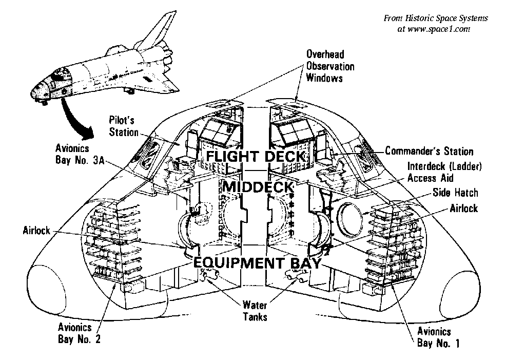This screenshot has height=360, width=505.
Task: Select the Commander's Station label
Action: click(x=429, y=151)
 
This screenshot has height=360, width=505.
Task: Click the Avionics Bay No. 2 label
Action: click(x=75, y=332)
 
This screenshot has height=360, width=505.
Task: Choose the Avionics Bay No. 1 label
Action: click(x=435, y=337)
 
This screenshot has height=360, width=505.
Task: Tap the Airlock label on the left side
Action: click(x=36, y=231)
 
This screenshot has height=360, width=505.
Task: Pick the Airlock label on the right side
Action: click(x=463, y=208)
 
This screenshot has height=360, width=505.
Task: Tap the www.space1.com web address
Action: click(x=434, y=29)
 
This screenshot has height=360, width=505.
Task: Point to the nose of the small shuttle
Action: click(x=35, y=92)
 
